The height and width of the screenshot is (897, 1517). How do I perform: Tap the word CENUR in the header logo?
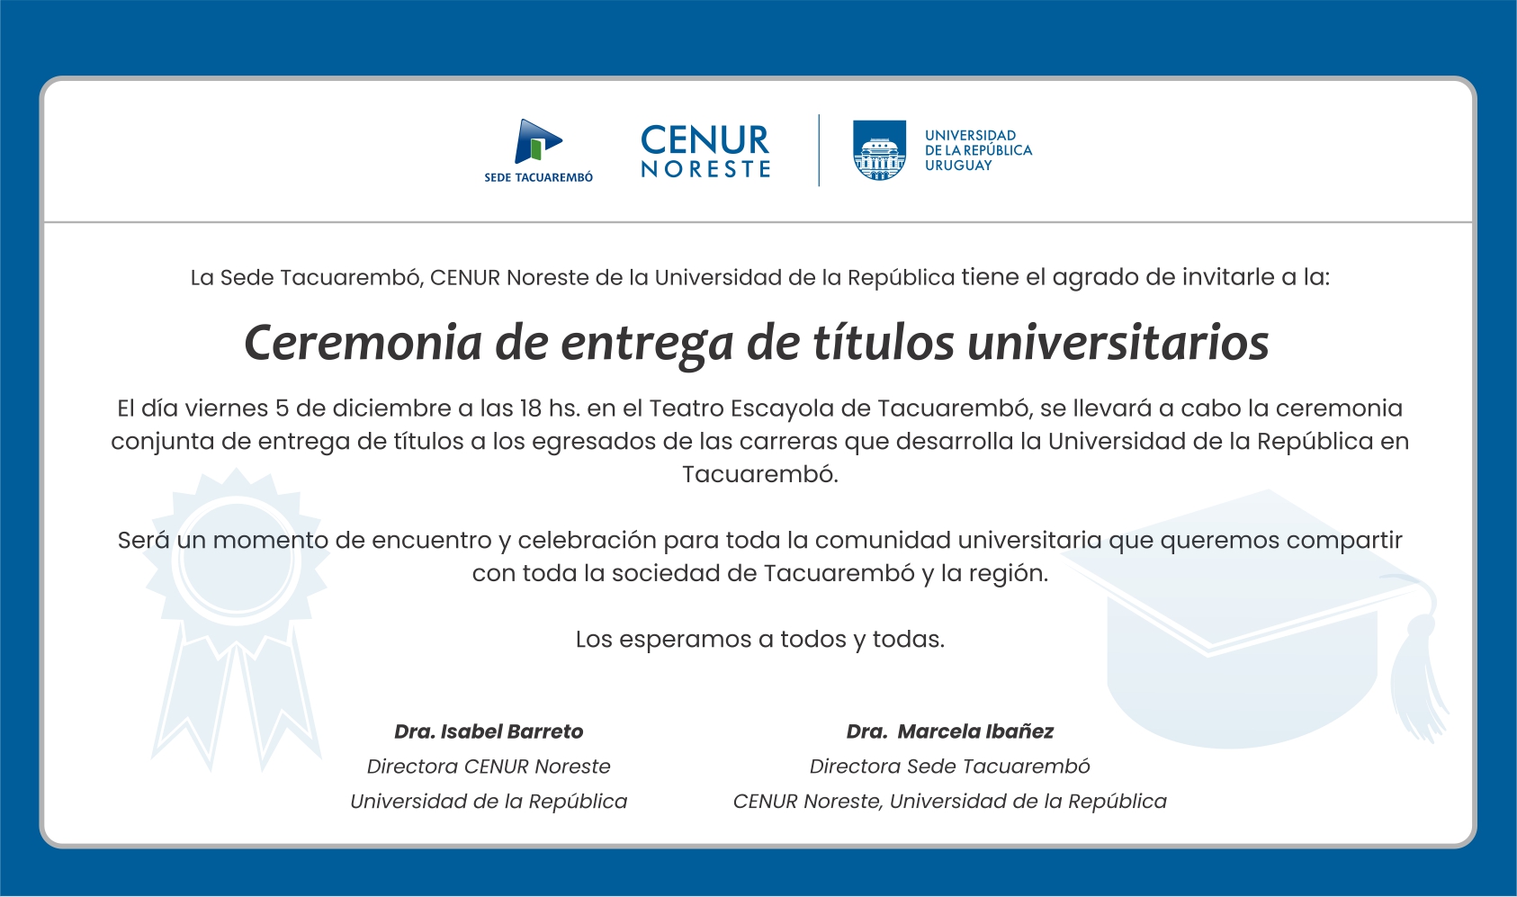click(705, 140)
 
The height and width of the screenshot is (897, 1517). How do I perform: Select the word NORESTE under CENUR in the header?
click(705, 169)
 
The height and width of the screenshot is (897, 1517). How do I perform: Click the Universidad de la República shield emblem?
click(879, 149)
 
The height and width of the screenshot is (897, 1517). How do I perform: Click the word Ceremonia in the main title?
click(363, 343)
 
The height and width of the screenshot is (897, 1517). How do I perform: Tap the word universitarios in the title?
click(1118, 343)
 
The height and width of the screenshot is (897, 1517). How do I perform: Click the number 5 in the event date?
click(282, 408)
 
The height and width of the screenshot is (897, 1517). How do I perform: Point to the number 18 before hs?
click(531, 408)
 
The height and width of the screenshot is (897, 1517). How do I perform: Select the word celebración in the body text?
click(588, 540)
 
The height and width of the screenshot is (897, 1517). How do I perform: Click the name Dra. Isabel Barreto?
click(489, 731)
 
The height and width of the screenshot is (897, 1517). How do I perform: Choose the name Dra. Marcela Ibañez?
click(949, 731)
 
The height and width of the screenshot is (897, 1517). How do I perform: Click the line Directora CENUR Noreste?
click(489, 767)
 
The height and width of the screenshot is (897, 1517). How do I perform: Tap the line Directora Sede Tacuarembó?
click(949, 767)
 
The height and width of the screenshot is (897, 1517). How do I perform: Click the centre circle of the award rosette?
click(237, 560)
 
